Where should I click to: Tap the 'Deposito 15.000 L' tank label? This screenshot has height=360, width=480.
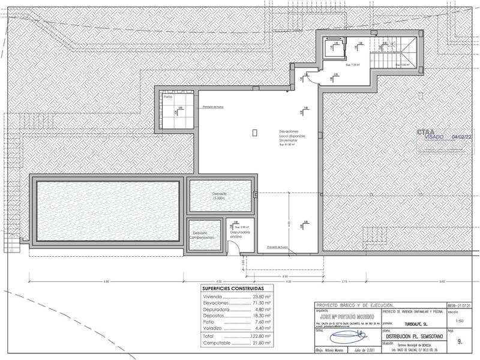coord(219,196)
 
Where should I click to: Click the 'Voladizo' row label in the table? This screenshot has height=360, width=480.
coord(214,328)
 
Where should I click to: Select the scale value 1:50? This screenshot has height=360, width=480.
coord(458,321)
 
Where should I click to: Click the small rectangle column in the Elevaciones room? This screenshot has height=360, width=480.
coord(256,131)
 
